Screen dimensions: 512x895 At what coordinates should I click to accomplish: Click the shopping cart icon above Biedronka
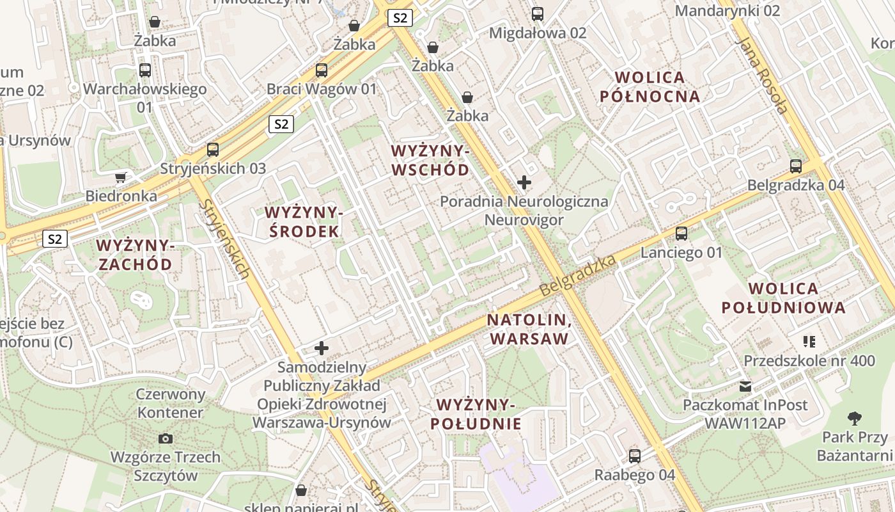coord(120,177)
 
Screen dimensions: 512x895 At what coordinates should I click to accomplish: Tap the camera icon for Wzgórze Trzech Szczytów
coord(166,438)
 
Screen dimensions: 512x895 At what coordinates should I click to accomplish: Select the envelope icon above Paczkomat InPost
coord(745,386)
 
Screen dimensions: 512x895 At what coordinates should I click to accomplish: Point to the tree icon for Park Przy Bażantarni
coord(854,419)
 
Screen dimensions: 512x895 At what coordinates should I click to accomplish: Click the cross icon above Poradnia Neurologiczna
coord(524,182)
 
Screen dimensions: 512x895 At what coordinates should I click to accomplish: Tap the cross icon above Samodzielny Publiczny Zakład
coord(322,348)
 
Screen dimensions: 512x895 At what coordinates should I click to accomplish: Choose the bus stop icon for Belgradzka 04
coord(796,166)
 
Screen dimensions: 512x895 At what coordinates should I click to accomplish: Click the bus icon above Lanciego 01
coord(681,234)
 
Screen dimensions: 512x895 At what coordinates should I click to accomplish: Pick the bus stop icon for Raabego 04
coord(634,456)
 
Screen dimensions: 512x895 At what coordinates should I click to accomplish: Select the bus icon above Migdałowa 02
coord(538,13)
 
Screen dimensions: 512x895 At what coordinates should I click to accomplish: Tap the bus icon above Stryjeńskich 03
coord(213,150)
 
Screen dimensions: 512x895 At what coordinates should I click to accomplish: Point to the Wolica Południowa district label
coord(783,298)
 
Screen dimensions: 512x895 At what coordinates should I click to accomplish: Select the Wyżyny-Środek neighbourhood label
coord(304,221)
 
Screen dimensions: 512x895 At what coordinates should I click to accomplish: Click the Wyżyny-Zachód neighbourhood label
coord(135,255)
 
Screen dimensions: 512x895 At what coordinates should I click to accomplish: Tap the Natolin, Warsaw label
coord(529,329)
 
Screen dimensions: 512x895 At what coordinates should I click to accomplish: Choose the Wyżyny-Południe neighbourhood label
coord(476,414)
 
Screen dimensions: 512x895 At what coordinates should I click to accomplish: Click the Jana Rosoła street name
coord(763,75)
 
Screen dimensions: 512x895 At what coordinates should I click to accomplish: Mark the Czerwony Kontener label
coord(171,403)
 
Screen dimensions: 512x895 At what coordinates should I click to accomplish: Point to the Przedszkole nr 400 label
coord(809,360)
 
